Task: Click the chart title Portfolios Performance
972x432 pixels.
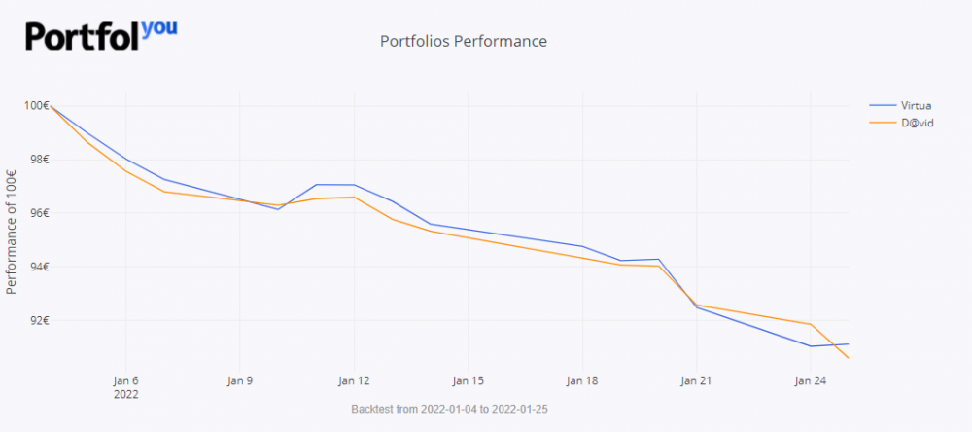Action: (x=464, y=42)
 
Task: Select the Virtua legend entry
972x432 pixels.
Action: (x=917, y=105)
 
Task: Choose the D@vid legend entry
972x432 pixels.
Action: (x=919, y=123)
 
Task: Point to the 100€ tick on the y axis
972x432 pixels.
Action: (x=37, y=105)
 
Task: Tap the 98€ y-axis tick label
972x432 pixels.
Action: (x=39, y=160)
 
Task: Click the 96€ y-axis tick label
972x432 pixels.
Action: (x=39, y=213)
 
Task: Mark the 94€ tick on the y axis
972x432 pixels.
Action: (x=39, y=267)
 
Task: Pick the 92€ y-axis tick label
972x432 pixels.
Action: (x=39, y=320)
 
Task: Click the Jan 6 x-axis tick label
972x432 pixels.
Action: (x=125, y=380)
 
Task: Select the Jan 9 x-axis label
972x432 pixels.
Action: (x=239, y=380)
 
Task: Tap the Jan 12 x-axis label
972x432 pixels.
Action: (x=354, y=380)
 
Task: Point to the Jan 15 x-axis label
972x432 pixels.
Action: (x=469, y=380)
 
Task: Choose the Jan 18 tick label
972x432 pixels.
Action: (x=582, y=380)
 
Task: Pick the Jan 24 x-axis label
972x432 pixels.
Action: (x=811, y=380)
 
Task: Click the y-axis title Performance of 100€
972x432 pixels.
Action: (x=12, y=232)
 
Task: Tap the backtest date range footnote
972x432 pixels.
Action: (x=449, y=410)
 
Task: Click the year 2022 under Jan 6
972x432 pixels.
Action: (x=125, y=395)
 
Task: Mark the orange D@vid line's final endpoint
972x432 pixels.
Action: (x=849, y=358)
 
